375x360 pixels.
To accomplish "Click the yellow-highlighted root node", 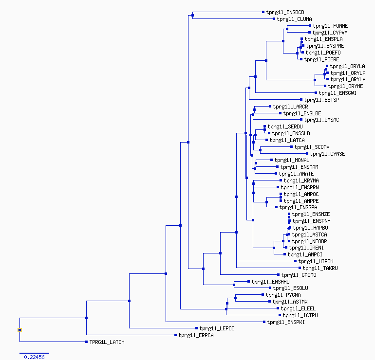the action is [x=20, y=330].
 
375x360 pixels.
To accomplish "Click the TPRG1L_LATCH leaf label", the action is [x=107, y=342].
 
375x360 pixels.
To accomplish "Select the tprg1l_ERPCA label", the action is [x=196, y=335].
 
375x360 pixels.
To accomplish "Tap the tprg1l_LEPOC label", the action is [x=217, y=328].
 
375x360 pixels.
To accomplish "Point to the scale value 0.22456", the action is [x=34, y=357].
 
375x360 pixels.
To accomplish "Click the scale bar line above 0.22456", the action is [x=34, y=353].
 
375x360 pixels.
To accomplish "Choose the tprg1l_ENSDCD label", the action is [x=285, y=12].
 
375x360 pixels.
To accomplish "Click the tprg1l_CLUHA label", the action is [x=295, y=19].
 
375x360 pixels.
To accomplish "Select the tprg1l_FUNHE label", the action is [x=330, y=26].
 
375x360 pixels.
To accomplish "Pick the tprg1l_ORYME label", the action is [x=345, y=86].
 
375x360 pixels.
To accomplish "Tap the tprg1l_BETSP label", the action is [x=321, y=100].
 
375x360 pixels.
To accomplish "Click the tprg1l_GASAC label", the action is [x=321, y=120].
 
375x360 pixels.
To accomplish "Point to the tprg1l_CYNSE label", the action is [x=327, y=154].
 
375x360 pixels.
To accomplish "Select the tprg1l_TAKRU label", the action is [x=320, y=268].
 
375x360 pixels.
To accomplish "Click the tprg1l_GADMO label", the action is [x=299, y=275].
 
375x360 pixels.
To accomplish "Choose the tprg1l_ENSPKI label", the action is [x=286, y=322].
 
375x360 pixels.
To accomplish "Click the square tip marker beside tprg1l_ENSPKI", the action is [x=264, y=322].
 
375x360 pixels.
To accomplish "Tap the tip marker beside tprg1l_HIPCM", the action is [x=295, y=261].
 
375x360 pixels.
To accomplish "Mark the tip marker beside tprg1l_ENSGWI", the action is [x=316, y=93].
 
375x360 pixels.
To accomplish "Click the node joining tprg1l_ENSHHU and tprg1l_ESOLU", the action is [x=234, y=285].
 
